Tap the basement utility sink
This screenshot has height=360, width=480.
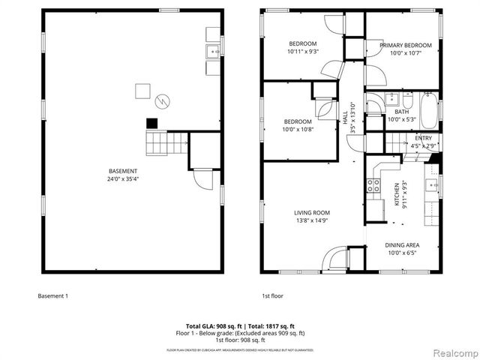[212, 51]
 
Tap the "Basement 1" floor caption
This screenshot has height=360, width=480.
[52, 295]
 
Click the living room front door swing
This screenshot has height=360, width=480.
[336, 259]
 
